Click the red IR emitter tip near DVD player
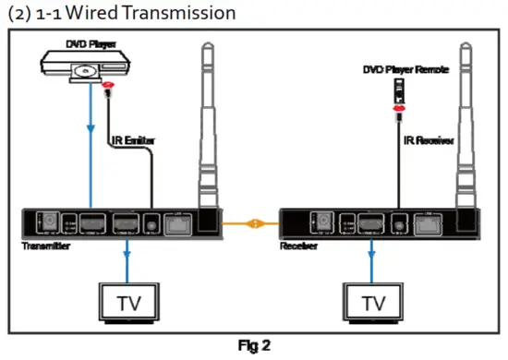109,89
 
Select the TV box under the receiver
373,303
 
